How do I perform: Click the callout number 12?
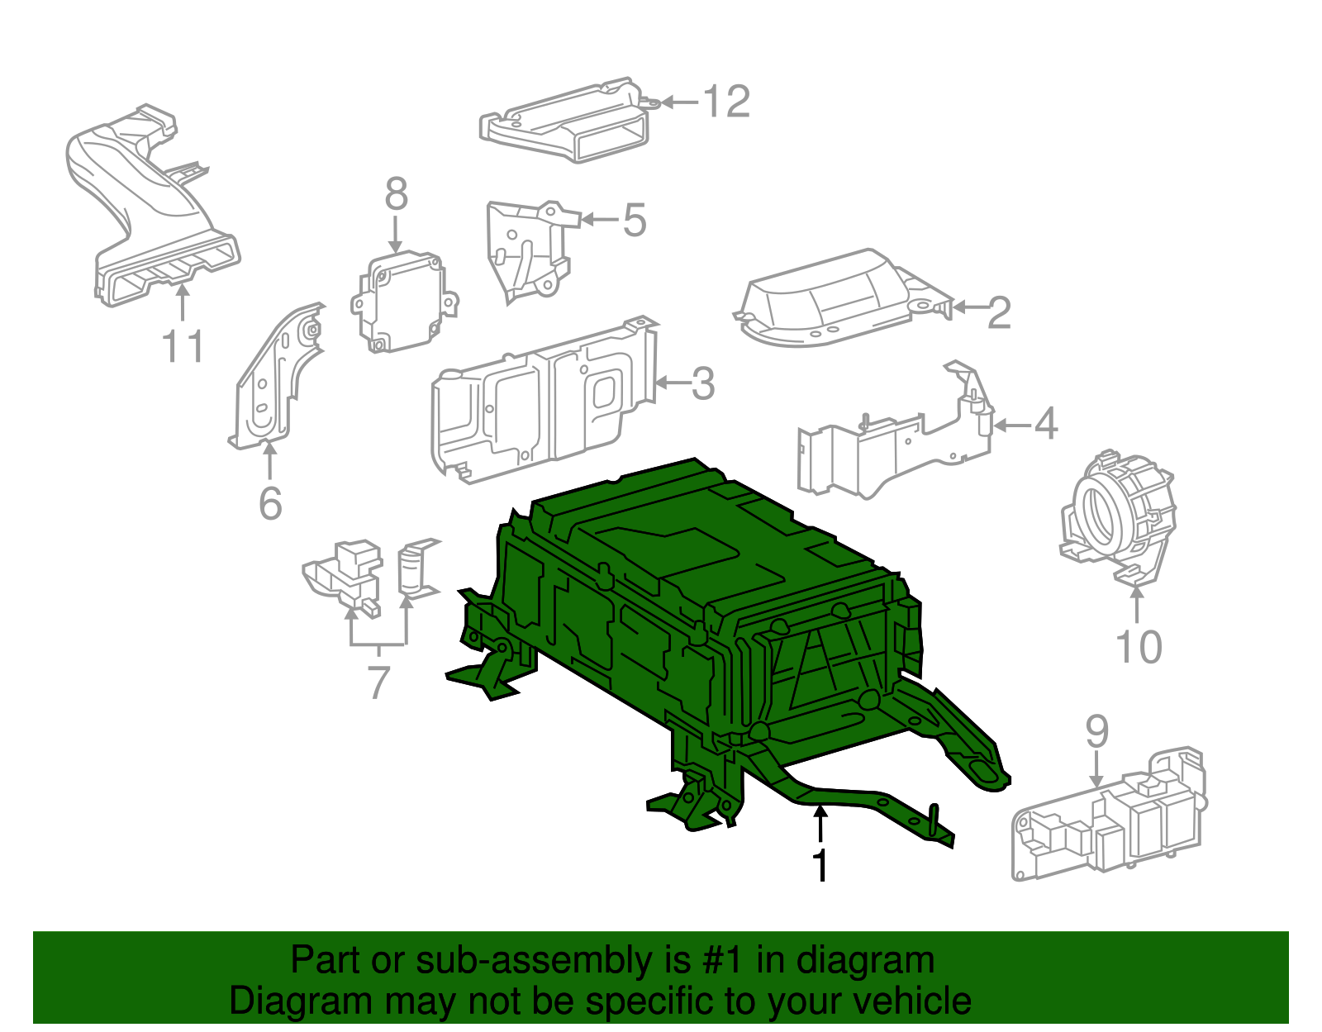click(726, 102)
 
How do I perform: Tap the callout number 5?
click(634, 221)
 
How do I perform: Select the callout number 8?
click(397, 195)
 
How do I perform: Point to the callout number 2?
click(999, 312)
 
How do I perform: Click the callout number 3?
click(702, 384)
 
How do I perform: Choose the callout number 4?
click(1045, 424)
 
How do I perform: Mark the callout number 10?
click(1139, 647)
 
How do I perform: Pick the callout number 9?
click(1096, 731)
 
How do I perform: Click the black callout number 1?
click(820, 865)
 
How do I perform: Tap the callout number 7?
click(378, 682)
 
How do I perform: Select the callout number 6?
click(270, 503)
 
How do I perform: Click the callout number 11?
click(183, 346)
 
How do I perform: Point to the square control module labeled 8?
click(402, 302)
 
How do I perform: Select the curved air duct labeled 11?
click(149, 207)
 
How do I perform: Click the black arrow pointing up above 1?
click(820, 823)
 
